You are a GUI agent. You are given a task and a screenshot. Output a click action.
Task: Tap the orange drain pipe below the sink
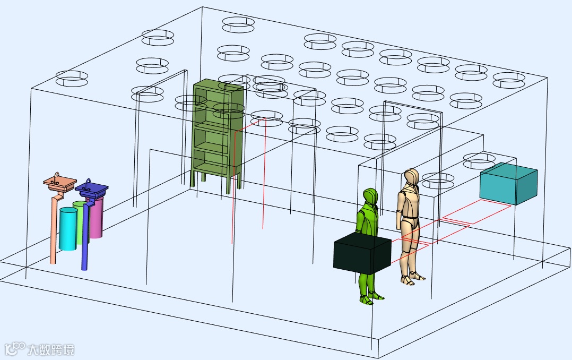tap(53, 234)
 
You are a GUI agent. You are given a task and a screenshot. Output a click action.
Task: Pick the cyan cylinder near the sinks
tap(68, 229)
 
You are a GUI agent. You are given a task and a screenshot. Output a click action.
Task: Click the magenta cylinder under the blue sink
tap(97, 218)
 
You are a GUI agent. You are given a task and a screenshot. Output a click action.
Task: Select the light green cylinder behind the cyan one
tap(80, 212)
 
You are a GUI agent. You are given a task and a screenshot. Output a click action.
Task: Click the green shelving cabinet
tap(218, 133)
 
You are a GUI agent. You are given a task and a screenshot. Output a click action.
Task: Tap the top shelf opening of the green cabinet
tap(211, 96)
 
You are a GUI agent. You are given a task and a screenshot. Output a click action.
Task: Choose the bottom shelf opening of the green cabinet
tap(211, 161)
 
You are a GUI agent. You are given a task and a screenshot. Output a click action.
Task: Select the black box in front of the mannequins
tap(362, 255)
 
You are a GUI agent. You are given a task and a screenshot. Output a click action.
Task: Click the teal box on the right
tap(508, 183)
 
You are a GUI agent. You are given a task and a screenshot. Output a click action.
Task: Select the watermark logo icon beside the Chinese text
tap(14, 348)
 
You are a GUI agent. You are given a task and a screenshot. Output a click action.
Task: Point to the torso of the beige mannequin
tap(409, 207)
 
